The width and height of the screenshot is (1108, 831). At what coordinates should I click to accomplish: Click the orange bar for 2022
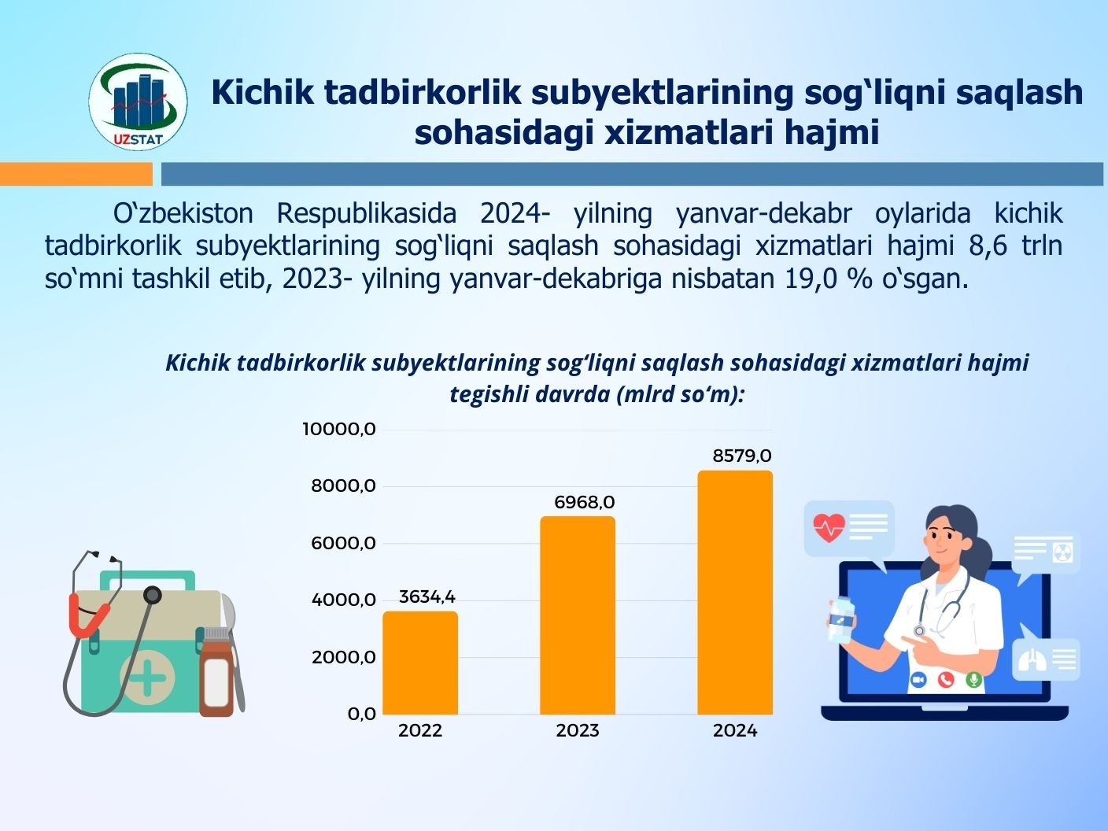pos(420,663)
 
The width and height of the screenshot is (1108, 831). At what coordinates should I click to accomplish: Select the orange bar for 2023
pos(578,615)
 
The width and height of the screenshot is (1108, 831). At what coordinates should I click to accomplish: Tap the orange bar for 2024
pos(735,593)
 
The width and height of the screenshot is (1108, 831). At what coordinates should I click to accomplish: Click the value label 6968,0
pos(585,502)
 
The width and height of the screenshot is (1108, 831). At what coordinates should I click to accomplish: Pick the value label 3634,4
pos(427,596)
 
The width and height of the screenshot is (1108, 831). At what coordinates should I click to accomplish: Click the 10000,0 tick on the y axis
pos(339,429)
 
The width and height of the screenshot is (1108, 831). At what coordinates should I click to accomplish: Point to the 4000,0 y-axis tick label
pos(344,600)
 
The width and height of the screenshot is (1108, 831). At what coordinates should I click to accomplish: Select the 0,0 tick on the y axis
pos(362,714)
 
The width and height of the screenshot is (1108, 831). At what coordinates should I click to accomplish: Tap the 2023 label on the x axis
pos(578,730)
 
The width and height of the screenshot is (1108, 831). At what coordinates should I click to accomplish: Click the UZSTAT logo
pos(138,102)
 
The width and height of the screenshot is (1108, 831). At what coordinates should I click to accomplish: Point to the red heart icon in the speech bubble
pos(829,527)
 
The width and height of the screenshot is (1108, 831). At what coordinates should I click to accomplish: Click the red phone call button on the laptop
pos(945,680)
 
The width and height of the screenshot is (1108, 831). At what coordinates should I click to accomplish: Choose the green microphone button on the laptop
pos(973,680)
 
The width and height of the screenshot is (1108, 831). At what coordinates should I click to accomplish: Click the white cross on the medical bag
pos(147,678)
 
